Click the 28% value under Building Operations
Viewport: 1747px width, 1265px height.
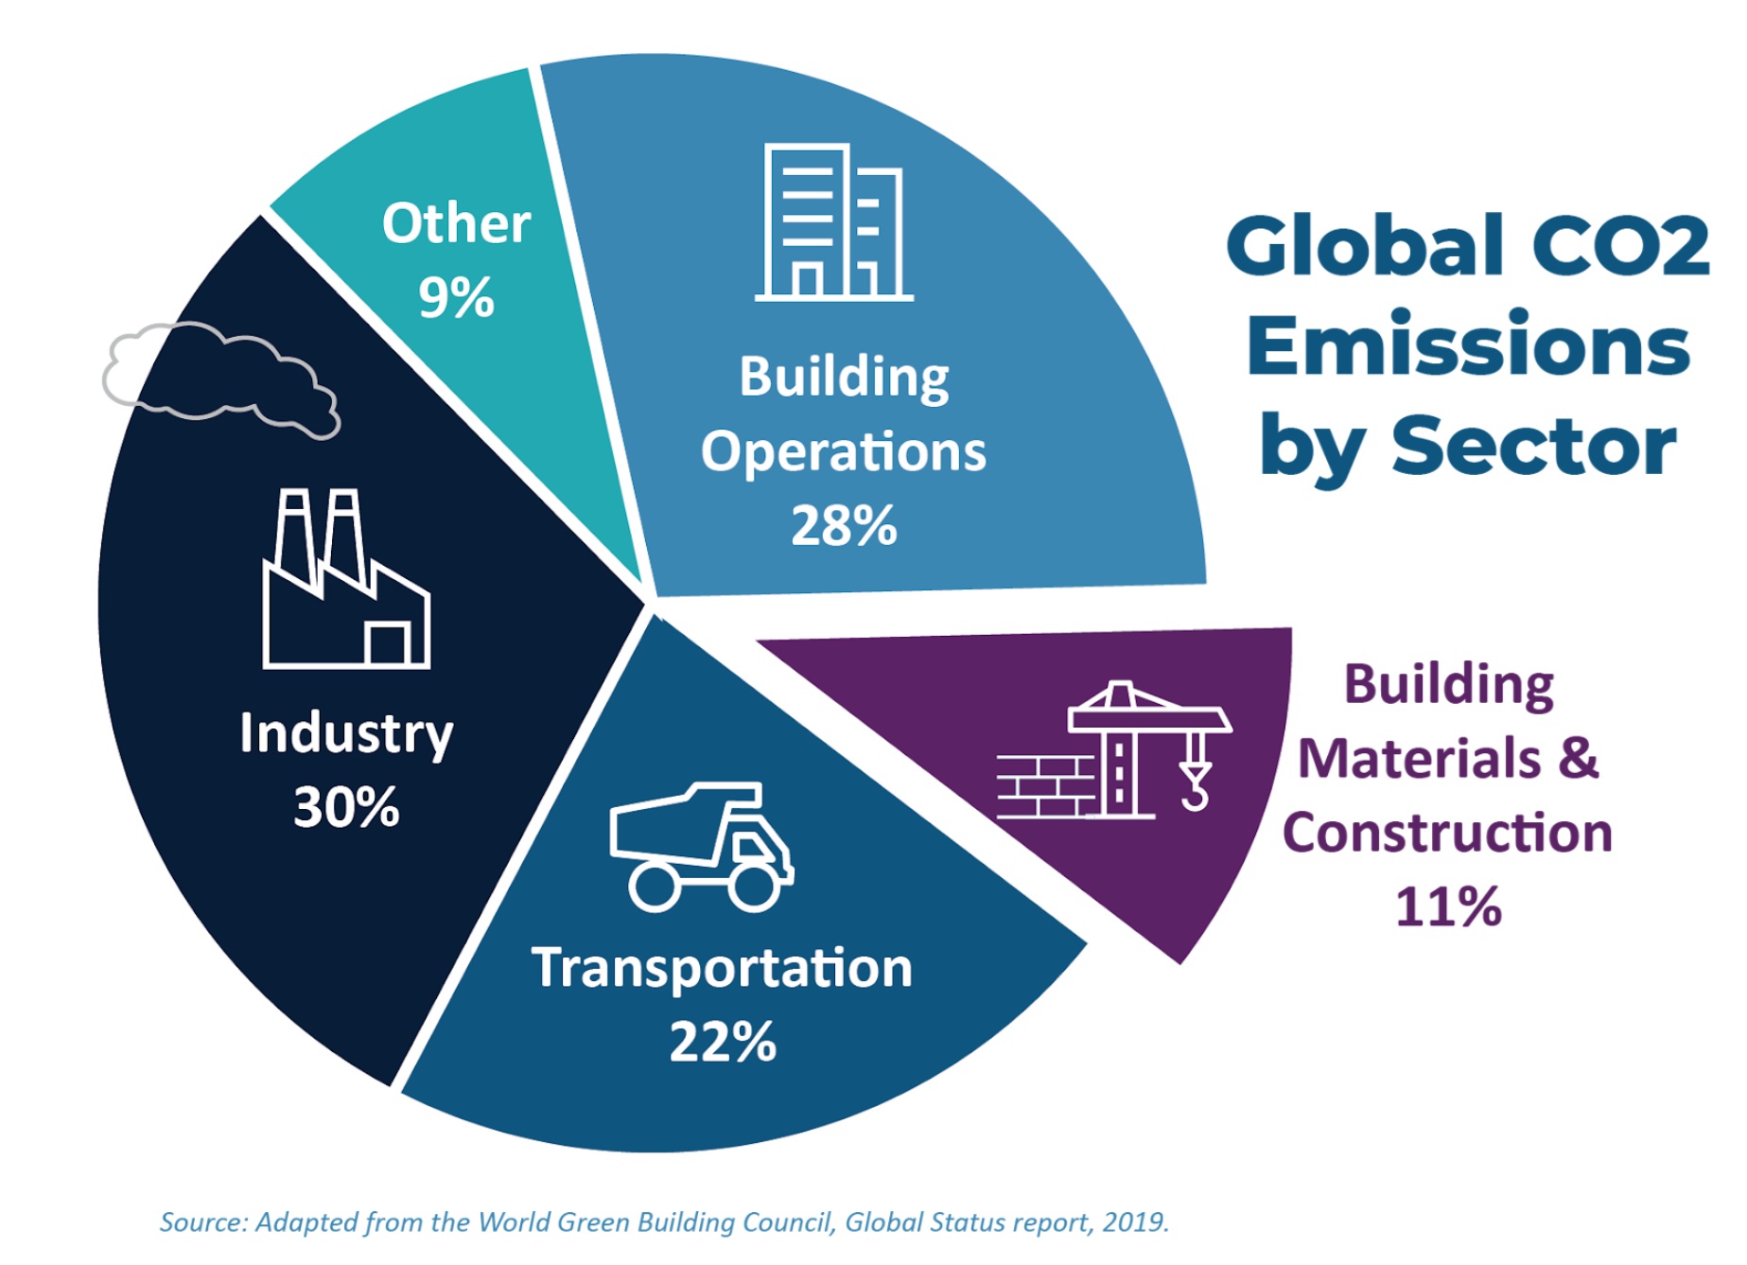tap(843, 526)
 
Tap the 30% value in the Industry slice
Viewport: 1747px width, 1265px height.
tap(346, 808)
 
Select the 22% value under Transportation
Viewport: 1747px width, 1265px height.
tap(723, 1043)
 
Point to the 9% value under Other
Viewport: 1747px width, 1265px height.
tap(456, 298)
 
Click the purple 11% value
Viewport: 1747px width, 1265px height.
tap(1448, 906)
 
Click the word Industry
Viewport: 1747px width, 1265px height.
tap(346, 734)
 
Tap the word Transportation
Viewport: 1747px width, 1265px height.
tap(723, 969)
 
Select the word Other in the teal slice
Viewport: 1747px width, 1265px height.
tap(456, 224)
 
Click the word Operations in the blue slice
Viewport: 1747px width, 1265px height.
tap(843, 452)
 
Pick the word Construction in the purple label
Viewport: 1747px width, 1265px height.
tap(1447, 833)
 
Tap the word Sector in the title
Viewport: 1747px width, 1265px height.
tap(1533, 447)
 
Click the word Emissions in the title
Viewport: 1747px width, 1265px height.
tap(1468, 346)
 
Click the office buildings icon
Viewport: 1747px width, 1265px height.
tap(833, 223)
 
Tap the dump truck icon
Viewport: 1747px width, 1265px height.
tap(701, 847)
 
